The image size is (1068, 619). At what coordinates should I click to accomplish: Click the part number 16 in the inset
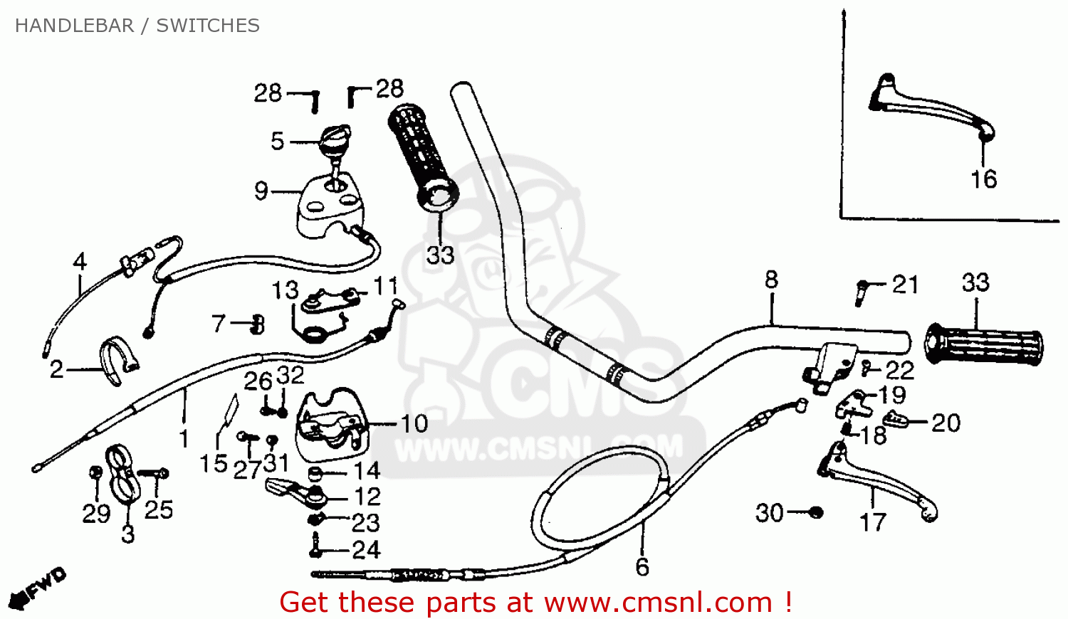click(983, 179)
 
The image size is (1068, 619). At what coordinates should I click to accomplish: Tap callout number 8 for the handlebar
click(772, 280)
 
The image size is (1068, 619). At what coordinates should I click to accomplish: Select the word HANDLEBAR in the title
click(74, 26)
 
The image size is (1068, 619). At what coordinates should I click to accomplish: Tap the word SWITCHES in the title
click(208, 26)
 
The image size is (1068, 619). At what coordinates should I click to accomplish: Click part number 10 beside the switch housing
click(414, 424)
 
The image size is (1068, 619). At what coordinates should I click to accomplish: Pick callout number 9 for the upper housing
click(261, 191)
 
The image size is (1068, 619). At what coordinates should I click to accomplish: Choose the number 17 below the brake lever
click(873, 523)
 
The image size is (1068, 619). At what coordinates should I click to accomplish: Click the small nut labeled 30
click(817, 512)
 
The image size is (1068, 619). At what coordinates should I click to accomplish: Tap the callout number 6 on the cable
click(642, 567)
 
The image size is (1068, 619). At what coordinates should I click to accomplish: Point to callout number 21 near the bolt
click(905, 285)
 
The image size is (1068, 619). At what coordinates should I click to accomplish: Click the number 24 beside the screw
click(366, 550)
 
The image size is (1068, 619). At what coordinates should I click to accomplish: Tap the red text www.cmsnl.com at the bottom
click(659, 603)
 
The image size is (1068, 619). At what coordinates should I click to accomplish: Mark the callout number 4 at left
click(80, 262)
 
